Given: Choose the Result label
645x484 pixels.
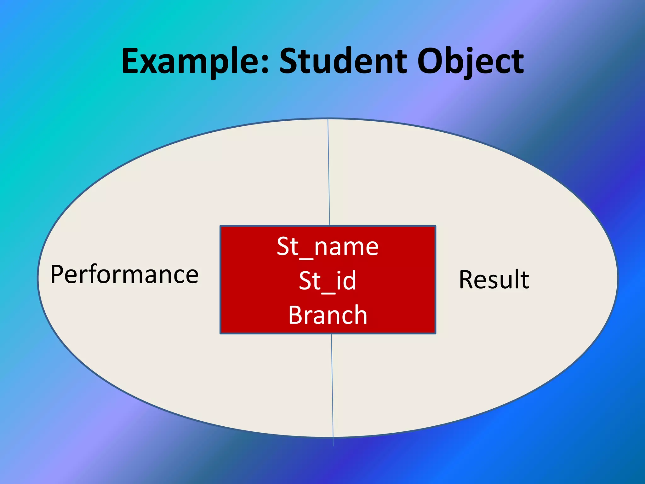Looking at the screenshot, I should point(494,279).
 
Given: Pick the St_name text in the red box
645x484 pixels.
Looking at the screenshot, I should point(328,246).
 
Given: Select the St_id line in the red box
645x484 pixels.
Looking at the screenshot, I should point(328,280).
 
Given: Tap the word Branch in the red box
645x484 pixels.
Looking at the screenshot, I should point(328,315).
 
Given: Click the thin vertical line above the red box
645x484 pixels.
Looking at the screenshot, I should point(329,173).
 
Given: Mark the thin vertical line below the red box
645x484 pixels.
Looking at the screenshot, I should point(332,388).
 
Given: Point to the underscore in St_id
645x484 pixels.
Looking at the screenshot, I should point(328,293).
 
